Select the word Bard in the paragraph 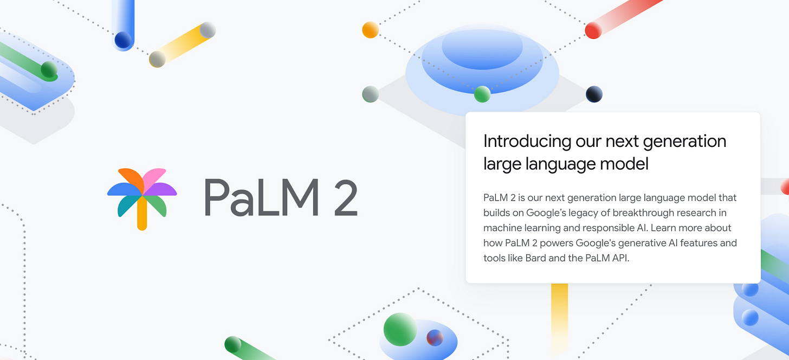coord(536,258)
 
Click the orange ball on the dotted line coord(370,30)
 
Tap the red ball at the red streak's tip coord(593,30)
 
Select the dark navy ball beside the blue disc coord(594,94)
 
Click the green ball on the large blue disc coord(482,94)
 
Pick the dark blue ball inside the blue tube coord(123,40)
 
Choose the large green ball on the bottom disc coord(400,329)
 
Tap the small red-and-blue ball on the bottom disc coord(435,338)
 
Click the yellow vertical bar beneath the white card coord(559,309)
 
